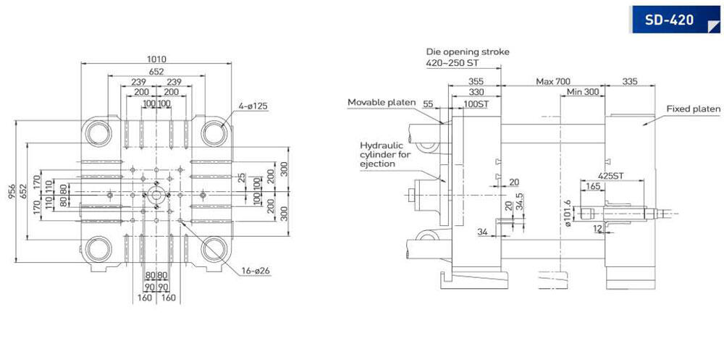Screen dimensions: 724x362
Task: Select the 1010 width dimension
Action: (x=156, y=59)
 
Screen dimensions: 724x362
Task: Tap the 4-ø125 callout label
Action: (x=253, y=106)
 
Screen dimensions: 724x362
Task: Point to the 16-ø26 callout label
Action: (x=256, y=271)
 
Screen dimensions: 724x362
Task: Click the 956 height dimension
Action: (x=12, y=192)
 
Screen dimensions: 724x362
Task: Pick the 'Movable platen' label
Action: (x=382, y=102)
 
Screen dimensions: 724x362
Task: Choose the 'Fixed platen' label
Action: (x=693, y=109)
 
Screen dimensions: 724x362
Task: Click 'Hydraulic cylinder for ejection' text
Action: (x=385, y=155)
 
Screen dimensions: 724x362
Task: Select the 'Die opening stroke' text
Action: (x=467, y=51)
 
